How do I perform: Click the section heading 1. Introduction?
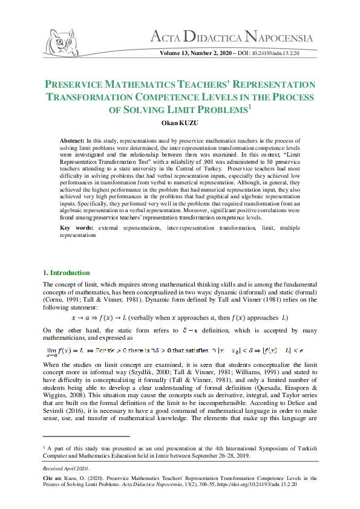(x=66, y=273)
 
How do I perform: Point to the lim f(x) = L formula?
(x=67, y=350)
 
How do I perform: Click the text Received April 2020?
(x=66, y=468)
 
